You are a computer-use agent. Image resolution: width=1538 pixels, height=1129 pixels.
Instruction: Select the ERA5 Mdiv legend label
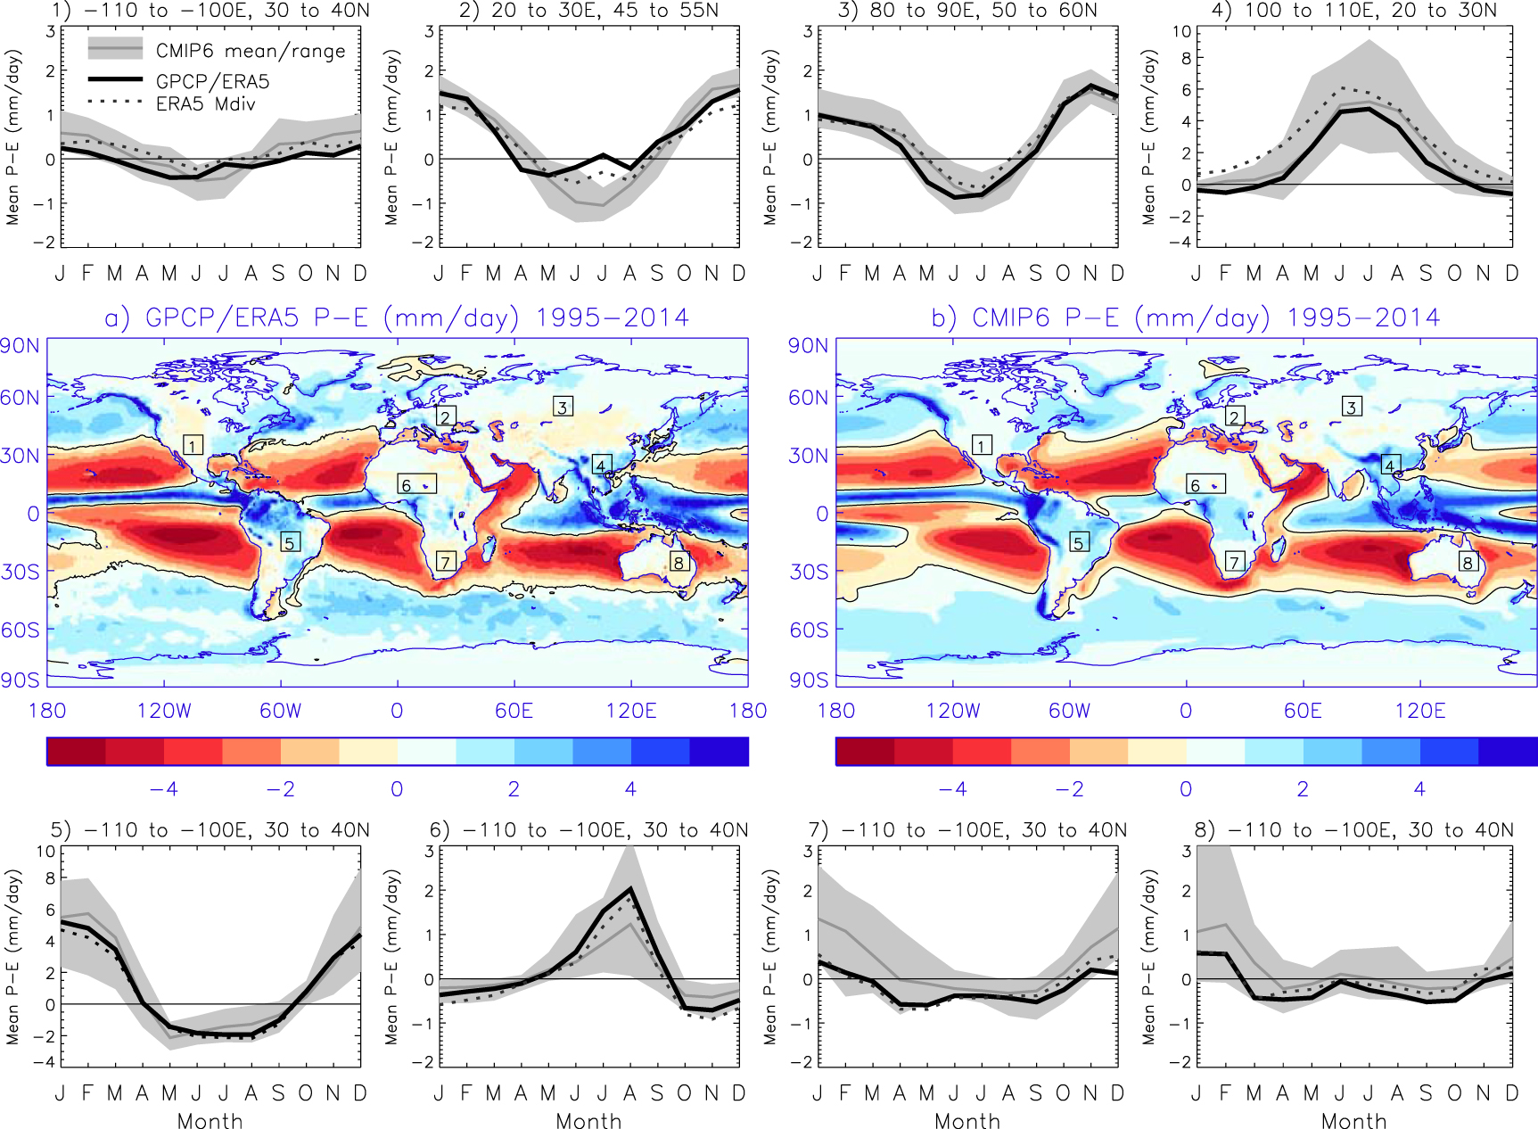(205, 104)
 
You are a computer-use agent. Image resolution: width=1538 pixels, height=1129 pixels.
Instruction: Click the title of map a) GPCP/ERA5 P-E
(397, 317)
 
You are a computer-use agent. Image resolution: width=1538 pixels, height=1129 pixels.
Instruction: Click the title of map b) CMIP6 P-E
(1185, 317)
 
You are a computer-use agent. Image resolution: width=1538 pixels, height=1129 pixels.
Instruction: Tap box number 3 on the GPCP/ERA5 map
(562, 407)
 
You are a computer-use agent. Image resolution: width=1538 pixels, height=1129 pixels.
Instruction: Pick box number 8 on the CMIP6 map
(1467, 562)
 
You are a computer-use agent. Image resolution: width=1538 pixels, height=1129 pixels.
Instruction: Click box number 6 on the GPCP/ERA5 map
(416, 484)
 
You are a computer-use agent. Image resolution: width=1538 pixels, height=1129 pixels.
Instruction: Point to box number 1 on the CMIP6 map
(982, 445)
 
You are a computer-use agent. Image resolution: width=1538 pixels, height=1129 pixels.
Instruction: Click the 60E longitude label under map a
(514, 711)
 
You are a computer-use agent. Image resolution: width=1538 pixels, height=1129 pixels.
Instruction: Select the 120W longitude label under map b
(953, 711)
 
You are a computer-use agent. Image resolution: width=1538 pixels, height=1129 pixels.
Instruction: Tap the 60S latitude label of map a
(20, 630)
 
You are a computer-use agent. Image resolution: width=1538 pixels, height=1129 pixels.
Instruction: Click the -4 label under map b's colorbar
(952, 789)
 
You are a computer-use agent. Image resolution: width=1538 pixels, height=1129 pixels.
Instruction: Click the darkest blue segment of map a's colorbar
(719, 752)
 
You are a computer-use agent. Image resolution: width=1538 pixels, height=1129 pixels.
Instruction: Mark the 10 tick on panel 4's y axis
(1181, 32)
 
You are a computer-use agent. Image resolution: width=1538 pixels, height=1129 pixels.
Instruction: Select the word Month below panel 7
(967, 1121)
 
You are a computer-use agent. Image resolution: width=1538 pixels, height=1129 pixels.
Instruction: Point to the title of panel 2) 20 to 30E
(588, 11)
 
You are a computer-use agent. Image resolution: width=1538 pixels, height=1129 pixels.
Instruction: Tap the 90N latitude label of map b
(808, 346)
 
